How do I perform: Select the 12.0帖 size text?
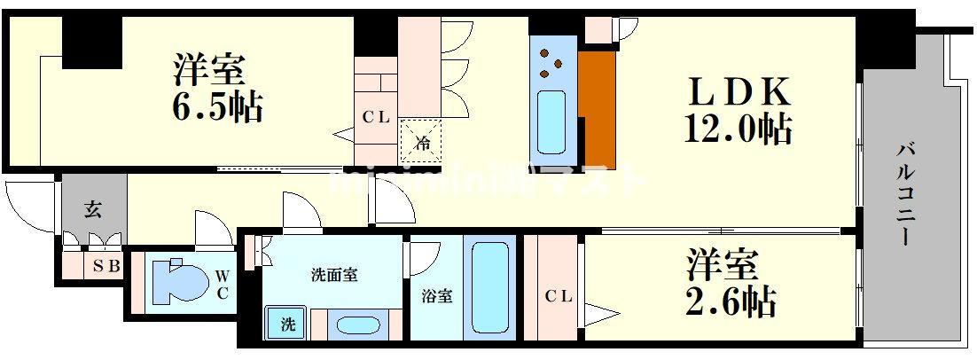pos(737,130)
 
